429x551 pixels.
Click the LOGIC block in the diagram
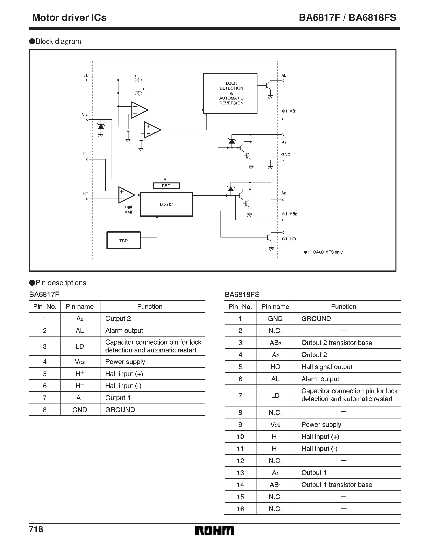coord(166,205)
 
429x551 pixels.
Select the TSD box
coord(124,240)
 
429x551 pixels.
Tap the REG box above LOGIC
coord(166,186)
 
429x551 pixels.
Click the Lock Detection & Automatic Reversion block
coord(230,93)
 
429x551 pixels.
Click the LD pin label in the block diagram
coord(86,75)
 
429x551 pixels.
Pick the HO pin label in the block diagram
coord(292,239)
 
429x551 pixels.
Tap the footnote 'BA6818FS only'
coord(327,252)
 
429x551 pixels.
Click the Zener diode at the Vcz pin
coord(101,127)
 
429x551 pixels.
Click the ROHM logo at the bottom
coord(214,531)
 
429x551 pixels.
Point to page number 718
coord(36,529)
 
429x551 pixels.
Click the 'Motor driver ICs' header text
coord(69,18)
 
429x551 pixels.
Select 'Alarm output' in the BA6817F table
coord(124,330)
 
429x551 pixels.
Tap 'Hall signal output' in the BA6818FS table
coord(327,367)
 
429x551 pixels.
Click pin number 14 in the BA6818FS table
coord(240,485)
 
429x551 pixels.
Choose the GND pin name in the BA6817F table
coord(80,410)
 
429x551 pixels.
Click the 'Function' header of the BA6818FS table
coord(343,306)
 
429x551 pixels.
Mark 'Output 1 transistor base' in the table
coord(336,485)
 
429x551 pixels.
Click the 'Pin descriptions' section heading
coord(61,283)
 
